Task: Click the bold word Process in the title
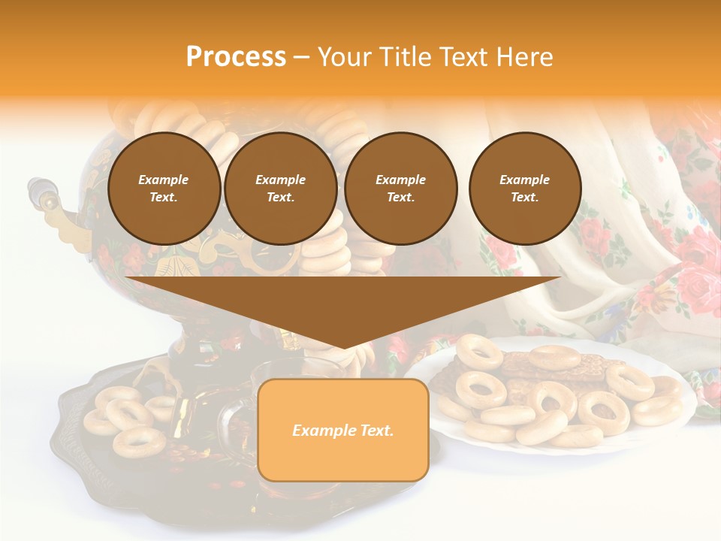(x=236, y=57)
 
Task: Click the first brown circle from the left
(x=164, y=188)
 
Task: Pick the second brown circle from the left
(x=280, y=188)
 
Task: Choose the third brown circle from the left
(x=400, y=188)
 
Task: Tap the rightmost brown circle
(x=524, y=188)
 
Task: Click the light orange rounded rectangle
(x=342, y=430)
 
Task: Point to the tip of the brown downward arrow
(x=343, y=347)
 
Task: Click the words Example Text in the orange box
(x=342, y=431)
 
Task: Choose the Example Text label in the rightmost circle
(x=524, y=188)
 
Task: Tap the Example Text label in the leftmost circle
(x=164, y=188)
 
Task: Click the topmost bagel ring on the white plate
(x=478, y=351)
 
